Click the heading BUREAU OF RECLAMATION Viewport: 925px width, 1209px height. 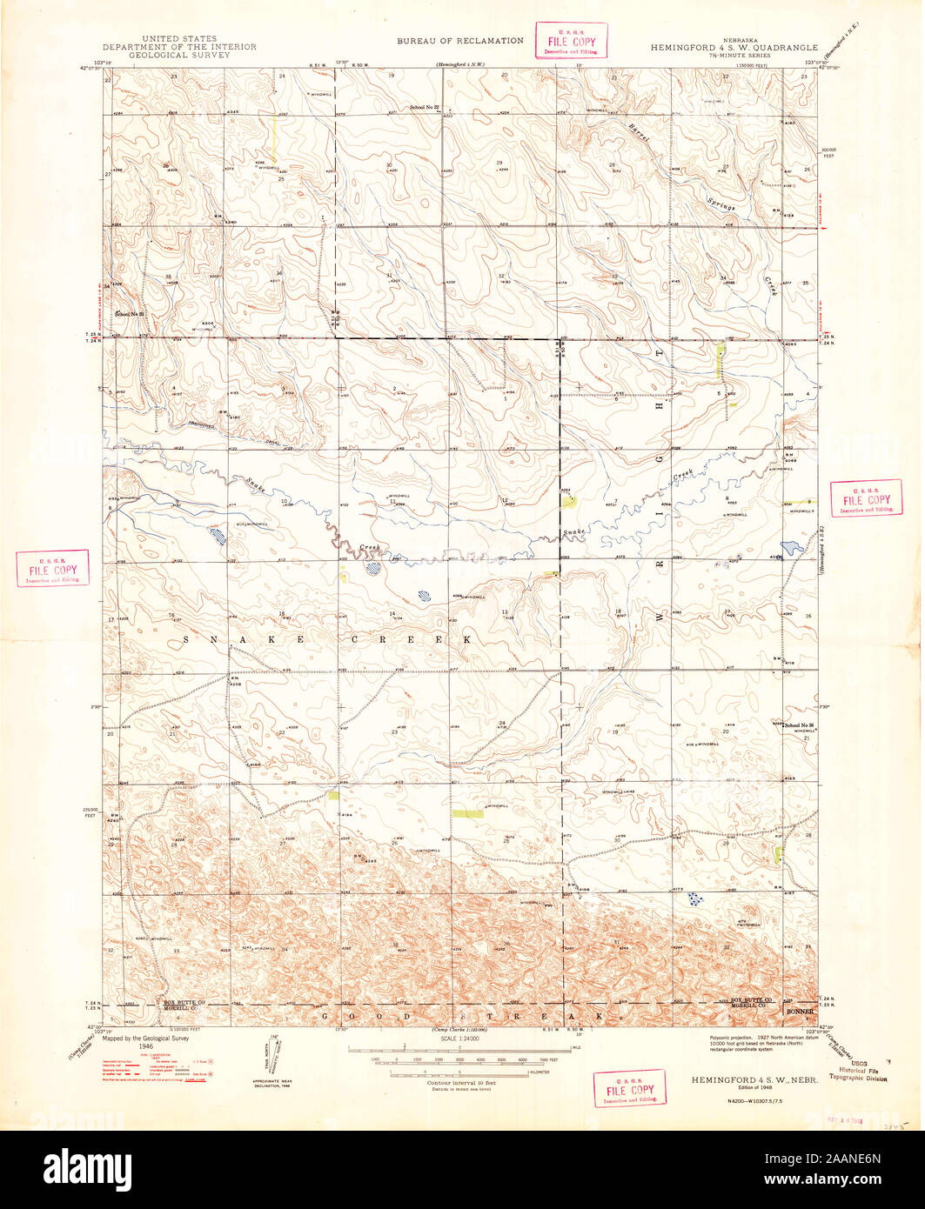coord(460,41)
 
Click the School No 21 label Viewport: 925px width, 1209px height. coord(131,312)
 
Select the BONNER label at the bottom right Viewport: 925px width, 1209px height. coord(801,1012)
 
